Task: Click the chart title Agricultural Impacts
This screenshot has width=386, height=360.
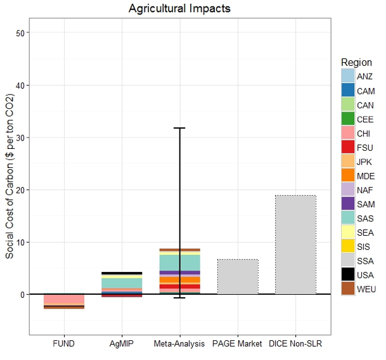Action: [x=179, y=9]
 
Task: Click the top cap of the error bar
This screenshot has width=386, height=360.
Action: [x=179, y=128]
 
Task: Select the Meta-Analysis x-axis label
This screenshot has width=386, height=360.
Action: [x=179, y=344]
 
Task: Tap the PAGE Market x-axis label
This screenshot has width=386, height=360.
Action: [x=238, y=344]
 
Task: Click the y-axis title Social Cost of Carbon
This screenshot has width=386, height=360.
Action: [x=10, y=177]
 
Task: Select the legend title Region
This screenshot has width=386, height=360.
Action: [x=356, y=62]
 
